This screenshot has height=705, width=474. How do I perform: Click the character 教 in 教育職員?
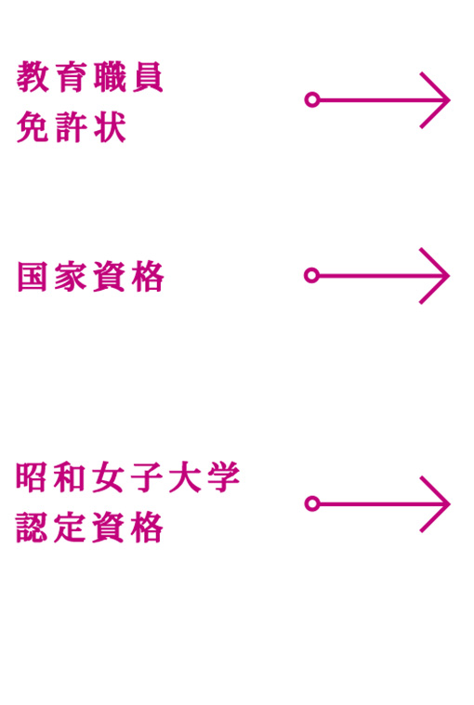coord(33,77)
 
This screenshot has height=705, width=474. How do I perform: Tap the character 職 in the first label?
coord(110,77)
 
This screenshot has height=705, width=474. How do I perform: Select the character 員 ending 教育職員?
coord(148,77)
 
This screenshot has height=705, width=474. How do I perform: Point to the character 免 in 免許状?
coord(33,127)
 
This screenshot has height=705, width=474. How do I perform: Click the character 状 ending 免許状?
coord(110,127)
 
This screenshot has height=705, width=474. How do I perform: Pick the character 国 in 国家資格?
coord(33,277)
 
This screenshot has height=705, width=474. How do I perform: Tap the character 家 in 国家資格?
coord(71,277)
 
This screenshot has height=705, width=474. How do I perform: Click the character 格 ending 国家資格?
coord(148,277)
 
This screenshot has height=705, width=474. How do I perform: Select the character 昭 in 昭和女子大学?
coord(32,477)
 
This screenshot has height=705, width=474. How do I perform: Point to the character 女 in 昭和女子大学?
coord(109,477)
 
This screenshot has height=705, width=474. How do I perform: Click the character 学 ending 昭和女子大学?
coord(224,477)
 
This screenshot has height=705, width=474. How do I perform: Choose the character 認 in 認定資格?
coord(32,528)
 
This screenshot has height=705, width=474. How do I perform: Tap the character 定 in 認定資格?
coord(70,528)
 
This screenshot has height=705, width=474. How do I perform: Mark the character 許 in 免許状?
coord(71,127)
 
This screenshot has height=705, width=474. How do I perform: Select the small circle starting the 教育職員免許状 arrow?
coord(312,99)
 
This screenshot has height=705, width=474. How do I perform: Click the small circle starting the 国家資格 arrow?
coord(311,275)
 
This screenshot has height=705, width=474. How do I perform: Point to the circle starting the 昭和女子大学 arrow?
coord(312,503)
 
